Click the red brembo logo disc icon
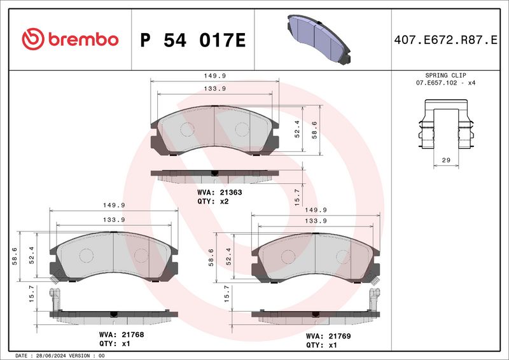tap(33, 39)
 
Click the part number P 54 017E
tap(193, 40)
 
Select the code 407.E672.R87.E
tap(445, 40)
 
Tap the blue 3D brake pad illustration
tap(319, 39)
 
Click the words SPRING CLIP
tap(446, 75)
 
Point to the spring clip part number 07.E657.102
tap(436, 83)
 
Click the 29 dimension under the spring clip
tap(447, 160)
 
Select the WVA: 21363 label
tap(220, 193)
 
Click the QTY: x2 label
tap(213, 202)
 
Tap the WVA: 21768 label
tap(122, 335)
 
